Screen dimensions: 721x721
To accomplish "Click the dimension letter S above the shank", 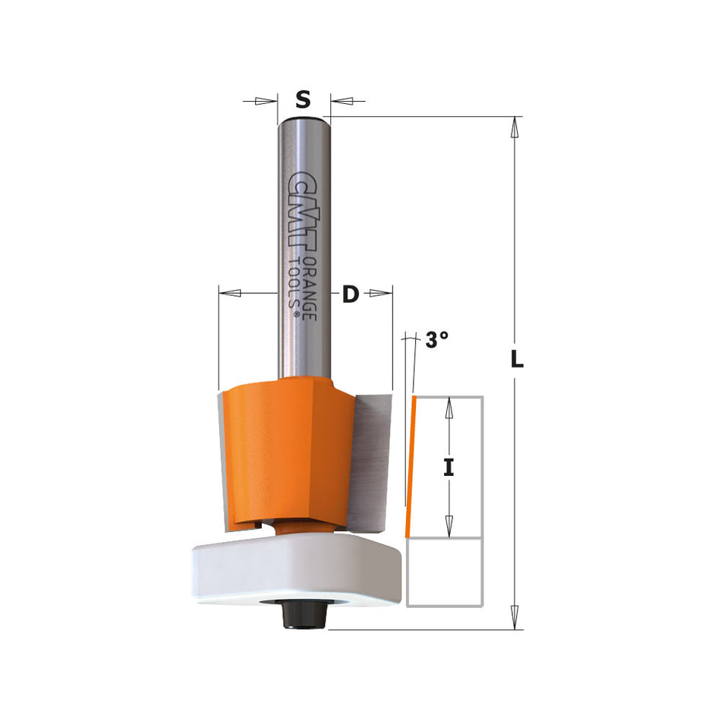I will pyautogui.click(x=303, y=99).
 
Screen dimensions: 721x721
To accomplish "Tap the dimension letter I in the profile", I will pyautogui.click(x=449, y=468).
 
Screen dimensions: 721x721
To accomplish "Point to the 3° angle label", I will pyautogui.click(x=436, y=341).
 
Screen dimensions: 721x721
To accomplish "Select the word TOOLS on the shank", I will pyautogui.click(x=295, y=287).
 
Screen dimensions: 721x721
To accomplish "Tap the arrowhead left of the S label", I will pyautogui.click(x=264, y=100).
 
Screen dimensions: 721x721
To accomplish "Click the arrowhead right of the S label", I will pyautogui.click(x=341, y=100).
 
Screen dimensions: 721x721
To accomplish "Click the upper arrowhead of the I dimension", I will pyautogui.click(x=449, y=409).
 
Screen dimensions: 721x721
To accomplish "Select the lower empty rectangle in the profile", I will pyautogui.click(x=446, y=573).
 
